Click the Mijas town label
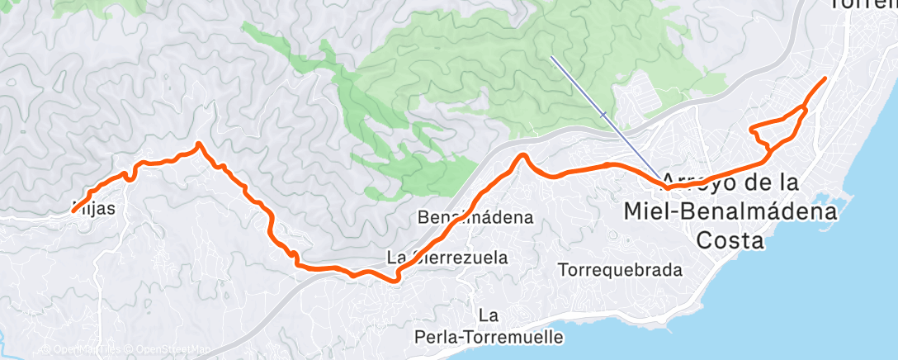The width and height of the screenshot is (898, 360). (x=93, y=209)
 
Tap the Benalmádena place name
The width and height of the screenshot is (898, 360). (x=475, y=218)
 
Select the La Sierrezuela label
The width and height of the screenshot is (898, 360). (x=448, y=258)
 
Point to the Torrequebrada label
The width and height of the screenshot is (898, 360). (x=620, y=270)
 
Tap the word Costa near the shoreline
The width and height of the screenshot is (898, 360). (x=730, y=240)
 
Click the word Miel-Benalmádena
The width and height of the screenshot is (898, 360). (x=730, y=211)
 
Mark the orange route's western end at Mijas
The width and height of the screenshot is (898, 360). (x=73, y=211)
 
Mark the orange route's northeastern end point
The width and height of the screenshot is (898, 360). (x=825, y=78)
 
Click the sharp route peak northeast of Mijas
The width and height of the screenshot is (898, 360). (x=199, y=144)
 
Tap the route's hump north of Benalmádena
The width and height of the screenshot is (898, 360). (x=522, y=155)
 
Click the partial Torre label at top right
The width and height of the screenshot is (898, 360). (x=863, y=5)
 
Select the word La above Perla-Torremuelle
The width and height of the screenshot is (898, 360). (x=489, y=315)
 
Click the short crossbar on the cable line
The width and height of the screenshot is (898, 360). (x=605, y=115)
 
